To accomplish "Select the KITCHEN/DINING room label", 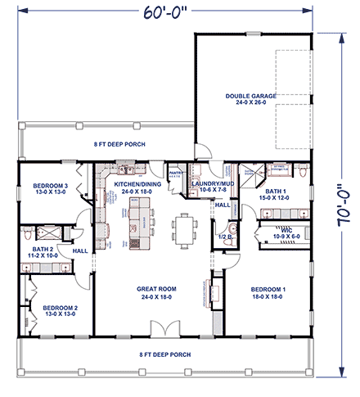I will [137, 185].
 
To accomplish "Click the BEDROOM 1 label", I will [267, 290].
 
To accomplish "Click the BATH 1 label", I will [273, 193].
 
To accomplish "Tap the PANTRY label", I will [175, 174].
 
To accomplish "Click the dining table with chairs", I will [184, 230].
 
